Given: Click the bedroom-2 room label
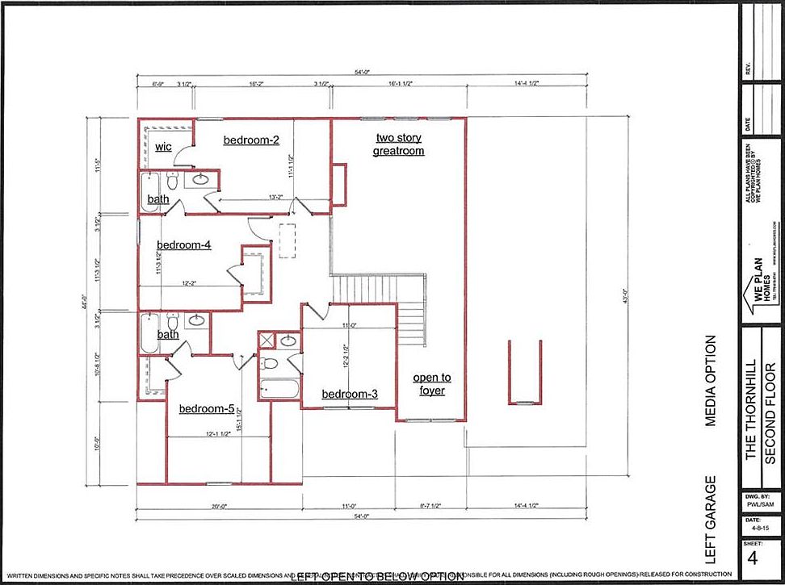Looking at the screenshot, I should click(251, 140).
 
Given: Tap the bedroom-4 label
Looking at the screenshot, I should click(183, 244).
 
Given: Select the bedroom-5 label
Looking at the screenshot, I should click(206, 408).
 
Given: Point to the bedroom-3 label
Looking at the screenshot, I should click(349, 394).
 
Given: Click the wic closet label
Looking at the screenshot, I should click(163, 147).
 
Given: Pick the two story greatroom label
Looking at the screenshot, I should click(398, 144).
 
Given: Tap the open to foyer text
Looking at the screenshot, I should click(432, 384).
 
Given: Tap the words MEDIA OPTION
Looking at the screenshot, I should click(711, 380).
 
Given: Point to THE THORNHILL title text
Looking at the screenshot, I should click(751, 411).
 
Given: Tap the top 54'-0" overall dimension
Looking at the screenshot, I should click(361, 72).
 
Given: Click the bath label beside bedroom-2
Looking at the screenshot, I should click(157, 199).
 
